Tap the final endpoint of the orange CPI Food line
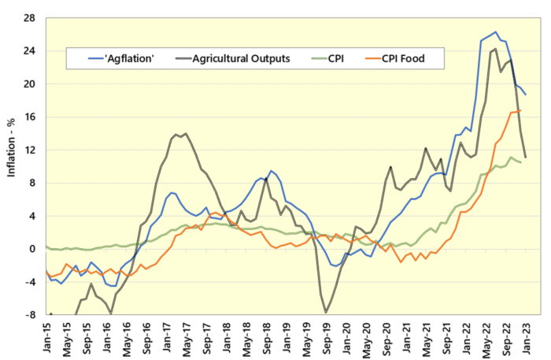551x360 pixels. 520,110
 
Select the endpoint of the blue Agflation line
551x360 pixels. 526,95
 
